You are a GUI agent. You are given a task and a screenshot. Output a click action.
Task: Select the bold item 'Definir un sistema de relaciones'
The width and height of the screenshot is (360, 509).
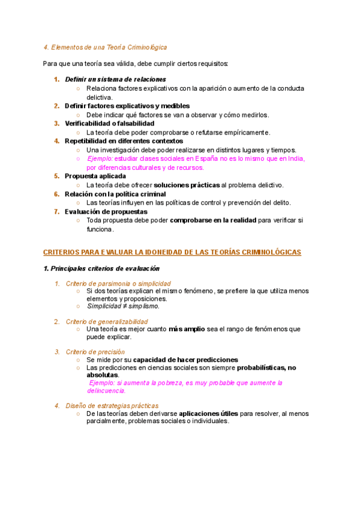(x=115, y=79)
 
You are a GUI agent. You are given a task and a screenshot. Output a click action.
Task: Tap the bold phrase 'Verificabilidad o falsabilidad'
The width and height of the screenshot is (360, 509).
(x=105, y=123)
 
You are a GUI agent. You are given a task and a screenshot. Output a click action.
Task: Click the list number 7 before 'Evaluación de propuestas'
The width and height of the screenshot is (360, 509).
(x=57, y=211)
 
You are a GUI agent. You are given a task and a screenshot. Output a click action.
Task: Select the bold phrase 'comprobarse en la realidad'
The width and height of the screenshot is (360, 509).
(x=213, y=220)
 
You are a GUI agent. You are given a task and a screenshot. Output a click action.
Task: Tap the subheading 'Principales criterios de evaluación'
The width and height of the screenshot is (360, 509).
(x=101, y=268)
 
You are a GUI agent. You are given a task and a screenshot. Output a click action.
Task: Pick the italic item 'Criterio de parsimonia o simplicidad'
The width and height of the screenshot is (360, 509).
(x=118, y=283)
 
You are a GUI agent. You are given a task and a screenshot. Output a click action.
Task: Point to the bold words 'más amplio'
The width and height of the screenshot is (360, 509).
(x=187, y=329)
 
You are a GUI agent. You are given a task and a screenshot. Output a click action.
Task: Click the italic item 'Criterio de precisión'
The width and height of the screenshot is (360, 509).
(x=95, y=352)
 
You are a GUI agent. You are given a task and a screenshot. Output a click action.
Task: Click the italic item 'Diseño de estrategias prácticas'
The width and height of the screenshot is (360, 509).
(x=112, y=406)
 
